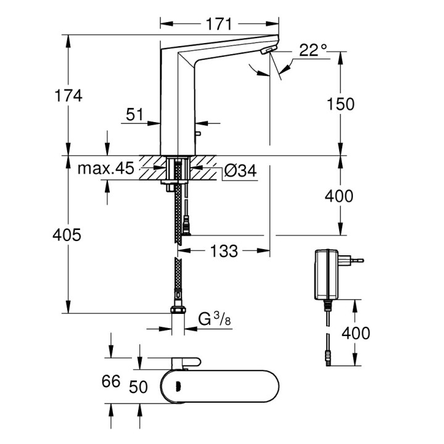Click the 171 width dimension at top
[x=218, y=24]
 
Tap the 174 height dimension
[x=68, y=96]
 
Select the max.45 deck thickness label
[x=106, y=170]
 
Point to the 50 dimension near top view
[x=140, y=387]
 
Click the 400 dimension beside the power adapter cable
[x=356, y=333]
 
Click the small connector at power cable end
[x=329, y=356]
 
